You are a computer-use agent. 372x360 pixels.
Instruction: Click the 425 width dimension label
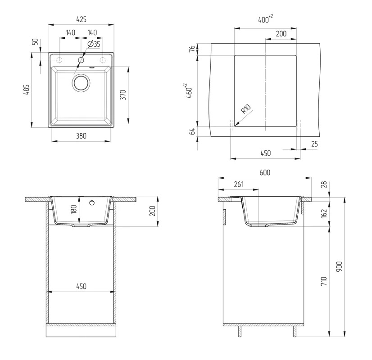pos(82,19)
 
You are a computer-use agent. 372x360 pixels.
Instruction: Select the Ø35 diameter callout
pos(94,44)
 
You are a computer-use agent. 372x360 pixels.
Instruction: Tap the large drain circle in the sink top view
pos(81,82)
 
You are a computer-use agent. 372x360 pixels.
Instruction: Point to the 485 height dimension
pos(27,90)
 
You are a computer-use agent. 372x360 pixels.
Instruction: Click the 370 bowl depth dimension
pos(123,94)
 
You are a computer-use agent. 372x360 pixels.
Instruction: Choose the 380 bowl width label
pos(81,136)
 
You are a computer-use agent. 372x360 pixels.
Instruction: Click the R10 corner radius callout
pos(245,109)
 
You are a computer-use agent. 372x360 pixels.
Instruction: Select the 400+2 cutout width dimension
pos(265,19)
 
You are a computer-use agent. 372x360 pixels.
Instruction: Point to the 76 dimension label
pos(192,49)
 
